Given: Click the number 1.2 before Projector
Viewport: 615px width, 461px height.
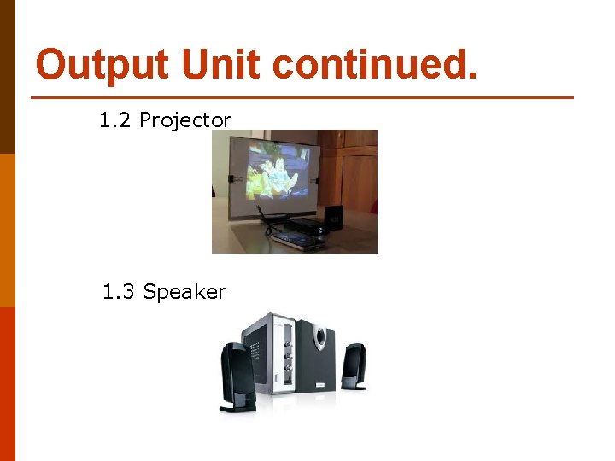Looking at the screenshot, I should pyautogui.click(x=115, y=120).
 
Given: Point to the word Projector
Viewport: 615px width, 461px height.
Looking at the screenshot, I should pyautogui.click(x=185, y=120).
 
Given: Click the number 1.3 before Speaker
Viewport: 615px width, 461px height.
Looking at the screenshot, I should pyautogui.click(x=119, y=292).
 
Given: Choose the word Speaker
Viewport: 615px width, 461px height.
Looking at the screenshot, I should pyautogui.click(x=184, y=292).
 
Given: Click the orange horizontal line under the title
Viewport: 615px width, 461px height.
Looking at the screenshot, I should pyautogui.click(x=303, y=97).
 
